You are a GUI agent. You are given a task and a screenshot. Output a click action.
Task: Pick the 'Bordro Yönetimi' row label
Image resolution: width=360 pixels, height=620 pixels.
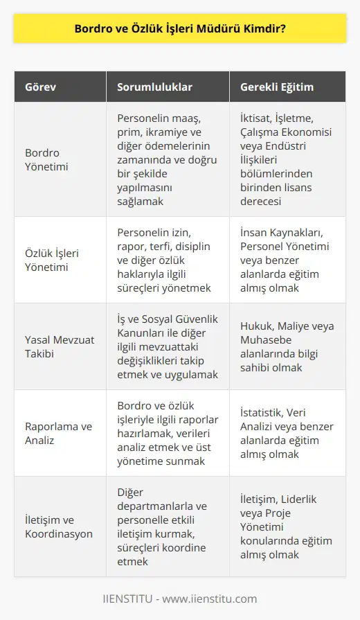[x=42, y=159]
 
